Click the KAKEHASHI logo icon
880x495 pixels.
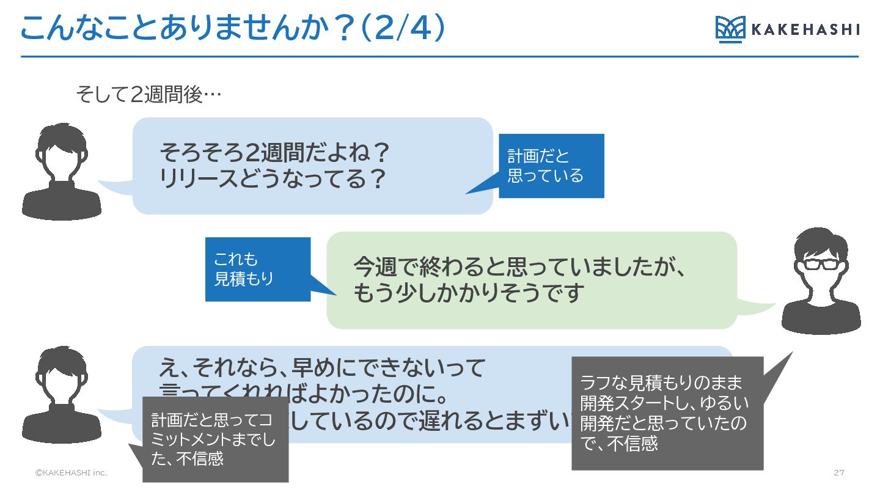point(730,29)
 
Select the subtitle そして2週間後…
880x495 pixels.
point(147,95)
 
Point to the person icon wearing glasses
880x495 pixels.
point(821,281)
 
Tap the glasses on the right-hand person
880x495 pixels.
point(821,265)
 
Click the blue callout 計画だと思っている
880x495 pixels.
point(551,166)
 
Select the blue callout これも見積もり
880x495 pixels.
point(258,269)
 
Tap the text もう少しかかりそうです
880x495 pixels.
point(469,294)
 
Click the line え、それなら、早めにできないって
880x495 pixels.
point(322,368)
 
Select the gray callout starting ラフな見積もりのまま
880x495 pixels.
point(667,413)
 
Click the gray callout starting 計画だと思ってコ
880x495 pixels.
point(215,439)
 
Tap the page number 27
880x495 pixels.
point(838,473)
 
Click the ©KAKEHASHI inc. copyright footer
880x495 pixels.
point(71,473)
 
